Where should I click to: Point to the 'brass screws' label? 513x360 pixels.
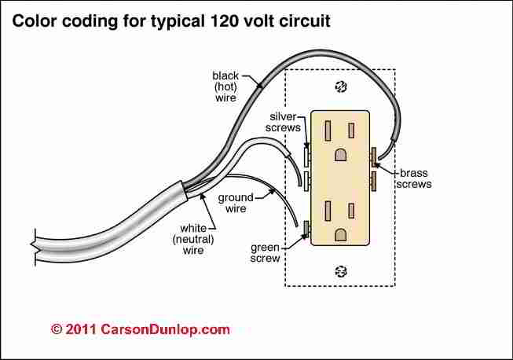[x=415, y=178]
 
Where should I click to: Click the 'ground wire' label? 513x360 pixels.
[x=234, y=203]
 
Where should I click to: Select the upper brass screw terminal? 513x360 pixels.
[x=376, y=156]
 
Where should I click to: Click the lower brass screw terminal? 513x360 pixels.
[x=376, y=182]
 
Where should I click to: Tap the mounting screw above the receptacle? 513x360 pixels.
[x=340, y=86]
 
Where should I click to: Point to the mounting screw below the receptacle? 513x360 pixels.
[x=340, y=271]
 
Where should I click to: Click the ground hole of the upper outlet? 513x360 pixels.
[x=340, y=156]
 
